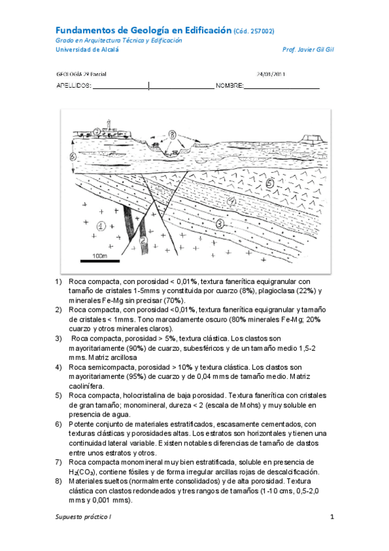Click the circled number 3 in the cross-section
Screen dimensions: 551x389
tap(220, 224)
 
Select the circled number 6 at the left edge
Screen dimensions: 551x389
tap(73, 157)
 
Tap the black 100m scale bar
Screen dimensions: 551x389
tap(100, 261)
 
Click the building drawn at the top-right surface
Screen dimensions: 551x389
tap(312, 136)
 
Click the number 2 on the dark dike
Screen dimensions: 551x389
tap(142, 240)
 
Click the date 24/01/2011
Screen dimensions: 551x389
tap(271, 74)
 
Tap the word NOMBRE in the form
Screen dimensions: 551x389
tap(229, 86)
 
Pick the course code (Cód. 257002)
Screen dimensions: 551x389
tap(253, 31)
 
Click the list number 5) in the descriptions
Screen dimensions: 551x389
tap(58, 396)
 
